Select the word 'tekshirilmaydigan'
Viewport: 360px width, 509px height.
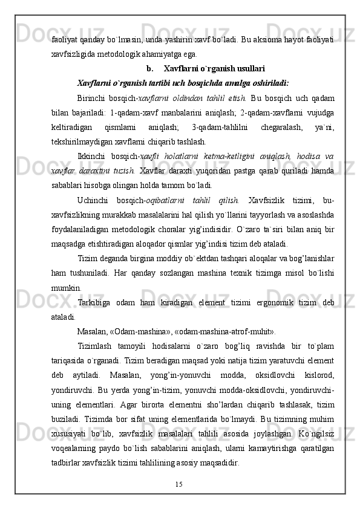click(x=80, y=141)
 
